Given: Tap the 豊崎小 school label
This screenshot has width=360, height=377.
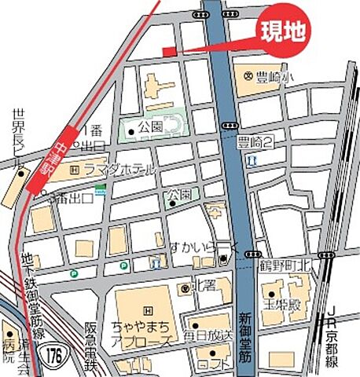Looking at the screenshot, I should pos(268,76).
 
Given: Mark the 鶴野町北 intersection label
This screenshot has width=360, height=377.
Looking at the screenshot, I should pos(286,266).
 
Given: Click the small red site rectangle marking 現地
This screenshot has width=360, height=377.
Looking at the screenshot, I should pos(170,52).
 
